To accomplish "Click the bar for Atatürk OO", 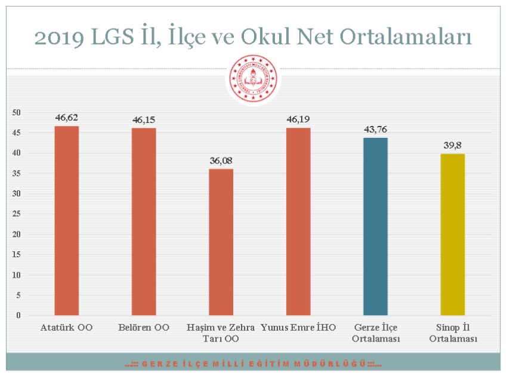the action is pyautogui.click(x=67, y=220).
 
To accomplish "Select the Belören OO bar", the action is pyautogui.click(x=144, y=221).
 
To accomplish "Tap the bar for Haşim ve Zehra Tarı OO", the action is pyautogui.click(x=221, y=242).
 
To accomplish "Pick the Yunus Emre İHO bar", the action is pyautogui.click(x=298, y=221).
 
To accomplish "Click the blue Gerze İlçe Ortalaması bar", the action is pyautogui.click(x=375, y=227).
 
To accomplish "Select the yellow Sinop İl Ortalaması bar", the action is pyautogui.click(x=453, y=235).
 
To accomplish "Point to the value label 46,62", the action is pyautogui.click(x=67, y=118).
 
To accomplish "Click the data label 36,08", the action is pyautogui.click(x=221, y=161).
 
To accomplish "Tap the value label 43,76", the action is pyautogui.click(x=375, y=130).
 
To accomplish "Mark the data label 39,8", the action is pyautogui.click(x=453, y=145).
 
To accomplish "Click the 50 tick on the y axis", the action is pyautogui.click(x=16, y=112).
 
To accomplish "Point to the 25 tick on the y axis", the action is pyautogui.click(x=16, y=214).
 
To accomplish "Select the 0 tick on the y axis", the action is pyautogui.click(x=18, y=315).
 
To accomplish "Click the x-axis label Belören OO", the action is pyautogui.click(x=144, y=328).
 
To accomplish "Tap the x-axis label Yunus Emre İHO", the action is pyautogui.click(x=298, y=328).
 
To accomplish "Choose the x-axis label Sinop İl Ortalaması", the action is pyautogui.click(x=453, y=333).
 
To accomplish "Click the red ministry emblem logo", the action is pyautogui.click(x=253, y=79).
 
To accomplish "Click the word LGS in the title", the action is pyautogui.click(x=112, y=36).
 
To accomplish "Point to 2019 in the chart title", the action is pyautogui.click(x=59, y=37).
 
